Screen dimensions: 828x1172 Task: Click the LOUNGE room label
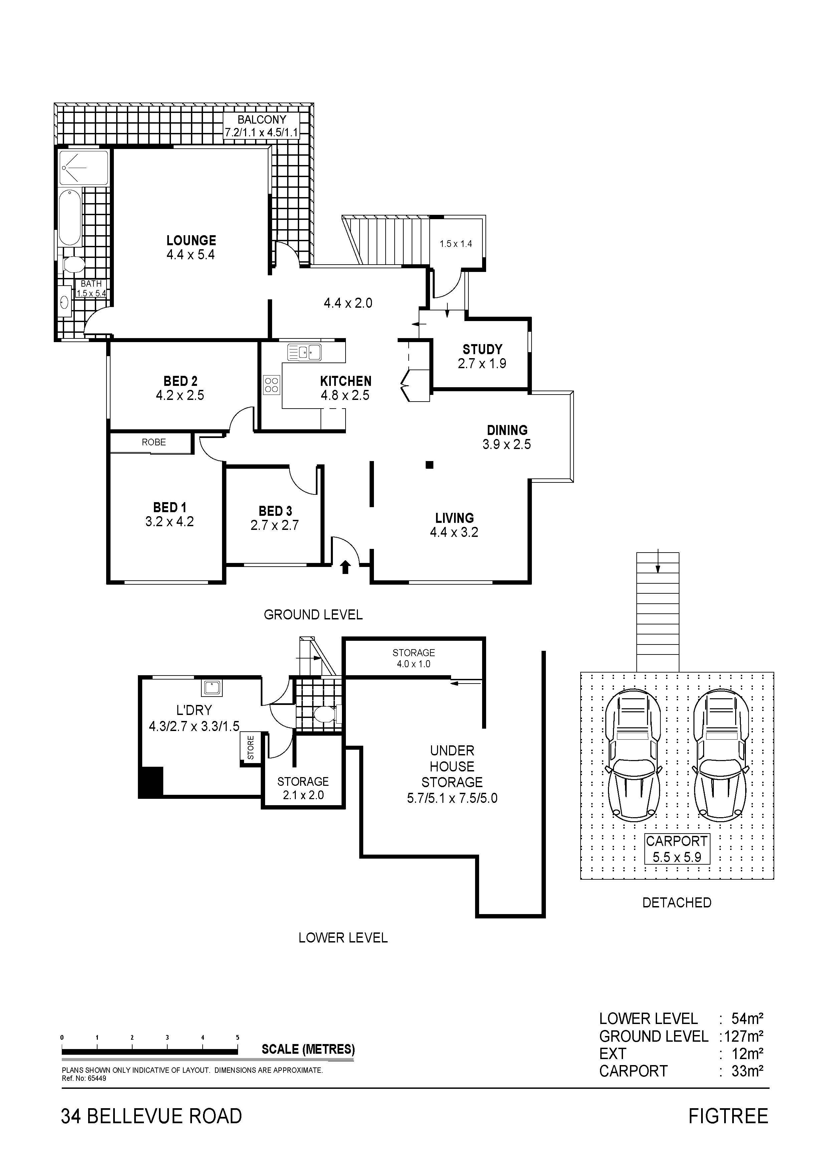click(191, 241)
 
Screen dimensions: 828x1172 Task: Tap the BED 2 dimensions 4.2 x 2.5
click(180, 396)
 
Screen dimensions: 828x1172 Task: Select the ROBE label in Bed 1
click(154, 442)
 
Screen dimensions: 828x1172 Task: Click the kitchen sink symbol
click(304, 352)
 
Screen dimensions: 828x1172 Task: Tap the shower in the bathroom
click(84, 167)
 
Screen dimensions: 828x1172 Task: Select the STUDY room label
click(482, 350)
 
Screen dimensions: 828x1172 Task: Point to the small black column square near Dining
click(430, 464)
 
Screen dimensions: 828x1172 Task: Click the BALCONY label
click(262, 120)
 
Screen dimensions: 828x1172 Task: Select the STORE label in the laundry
click(250, 747)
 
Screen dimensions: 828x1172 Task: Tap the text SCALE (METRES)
click(308, 1049)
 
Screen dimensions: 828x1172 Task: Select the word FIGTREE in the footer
click(728, 1116)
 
